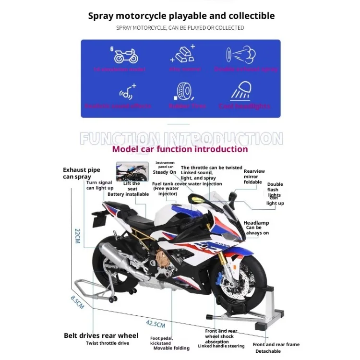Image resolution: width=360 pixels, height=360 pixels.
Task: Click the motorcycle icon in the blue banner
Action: [126, 55]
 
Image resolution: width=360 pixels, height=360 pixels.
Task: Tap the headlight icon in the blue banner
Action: [243, 91]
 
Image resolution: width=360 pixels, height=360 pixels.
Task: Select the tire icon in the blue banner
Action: [185, 91]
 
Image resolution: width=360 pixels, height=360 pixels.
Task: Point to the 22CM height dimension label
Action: [77, 236]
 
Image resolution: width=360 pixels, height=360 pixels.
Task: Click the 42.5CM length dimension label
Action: [156, 324]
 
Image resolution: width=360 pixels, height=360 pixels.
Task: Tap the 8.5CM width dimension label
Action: [77, 302]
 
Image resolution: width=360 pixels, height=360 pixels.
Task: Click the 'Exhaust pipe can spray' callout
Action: [81, 173]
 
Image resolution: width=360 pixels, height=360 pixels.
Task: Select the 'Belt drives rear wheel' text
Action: [101, 336]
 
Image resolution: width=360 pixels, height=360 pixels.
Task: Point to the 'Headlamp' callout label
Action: [256, 223]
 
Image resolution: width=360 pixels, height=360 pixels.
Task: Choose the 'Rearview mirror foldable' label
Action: [254, 176]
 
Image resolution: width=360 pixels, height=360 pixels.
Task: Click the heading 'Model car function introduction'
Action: [180, 149]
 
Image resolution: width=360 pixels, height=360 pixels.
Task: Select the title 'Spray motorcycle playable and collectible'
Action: [181, 16]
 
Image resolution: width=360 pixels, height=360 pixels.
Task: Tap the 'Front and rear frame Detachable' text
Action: [276, 348]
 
